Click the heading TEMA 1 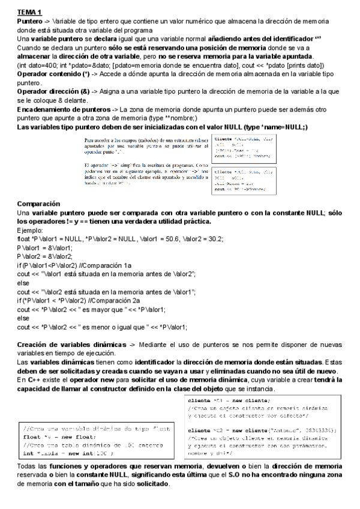coord(29,12)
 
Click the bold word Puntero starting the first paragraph coord(30,21)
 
